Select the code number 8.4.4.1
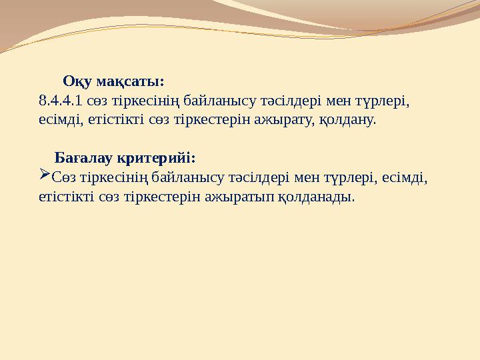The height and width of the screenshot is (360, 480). click(60, 102)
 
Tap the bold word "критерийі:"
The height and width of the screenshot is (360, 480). click(156, 159)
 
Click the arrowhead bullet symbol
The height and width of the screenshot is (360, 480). click(45, 177)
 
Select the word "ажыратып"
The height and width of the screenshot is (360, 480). click(245, 197)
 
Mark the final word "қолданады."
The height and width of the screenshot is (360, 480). click(317, 197)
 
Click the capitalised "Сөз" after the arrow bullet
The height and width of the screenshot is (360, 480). click(63, 178)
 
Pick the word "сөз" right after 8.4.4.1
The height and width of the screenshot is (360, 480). click(98, 102)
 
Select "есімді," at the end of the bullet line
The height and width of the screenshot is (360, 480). click(404, 178)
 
